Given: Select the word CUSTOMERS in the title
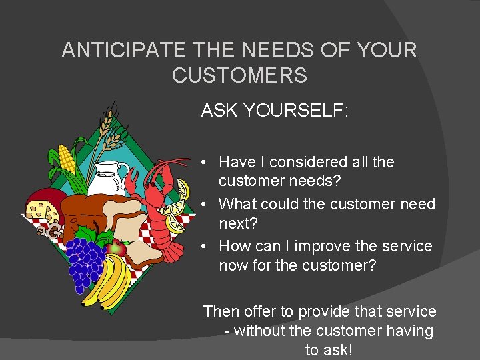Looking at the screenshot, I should [239, 75].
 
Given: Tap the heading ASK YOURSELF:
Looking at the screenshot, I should [275, 111].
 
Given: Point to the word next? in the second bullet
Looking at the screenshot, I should [237, 223].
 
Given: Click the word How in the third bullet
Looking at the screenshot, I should [233, 246].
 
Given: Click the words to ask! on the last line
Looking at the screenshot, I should [329, 350].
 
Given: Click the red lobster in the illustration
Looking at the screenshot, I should [156, 207].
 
